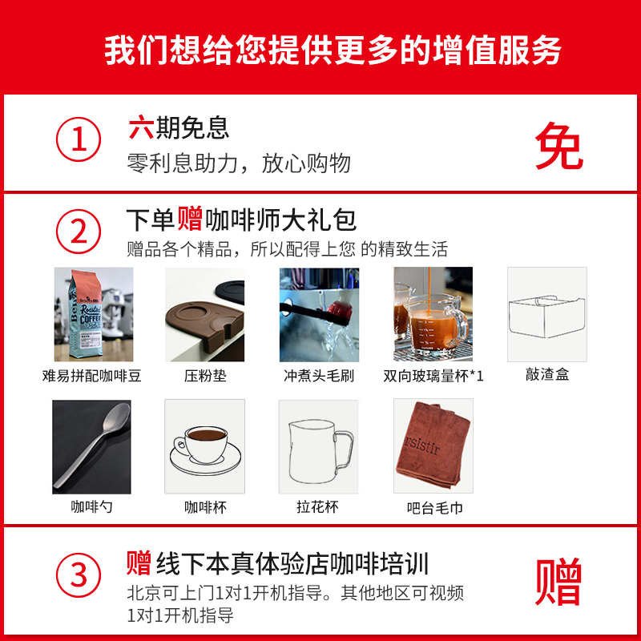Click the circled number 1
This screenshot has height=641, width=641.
tap(79, 143)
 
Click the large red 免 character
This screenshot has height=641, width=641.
tap(558, 146)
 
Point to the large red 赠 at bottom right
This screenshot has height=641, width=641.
tap(558, 582)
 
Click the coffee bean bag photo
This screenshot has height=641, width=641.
tap(93, 314)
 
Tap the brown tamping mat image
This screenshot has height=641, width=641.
tap(204, 314)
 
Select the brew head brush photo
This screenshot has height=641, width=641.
tap(319, 314)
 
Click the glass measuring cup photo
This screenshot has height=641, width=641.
tap(433, 314)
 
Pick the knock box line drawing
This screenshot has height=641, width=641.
tap(547, 314)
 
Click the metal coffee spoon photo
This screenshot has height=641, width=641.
tap(91, 445)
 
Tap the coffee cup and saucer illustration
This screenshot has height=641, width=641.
tap(204, 445)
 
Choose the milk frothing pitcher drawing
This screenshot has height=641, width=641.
tap(319, 445)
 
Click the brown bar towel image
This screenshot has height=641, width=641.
tap(433, 445)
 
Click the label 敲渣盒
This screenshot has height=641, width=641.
tap(547, 374)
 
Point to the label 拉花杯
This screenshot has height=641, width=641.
tap(318, 506)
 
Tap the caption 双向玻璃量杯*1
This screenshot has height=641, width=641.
tap(433, 375)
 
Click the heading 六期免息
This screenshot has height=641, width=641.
tap(179, 127)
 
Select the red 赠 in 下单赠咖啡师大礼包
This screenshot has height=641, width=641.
tap(190, 218)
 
